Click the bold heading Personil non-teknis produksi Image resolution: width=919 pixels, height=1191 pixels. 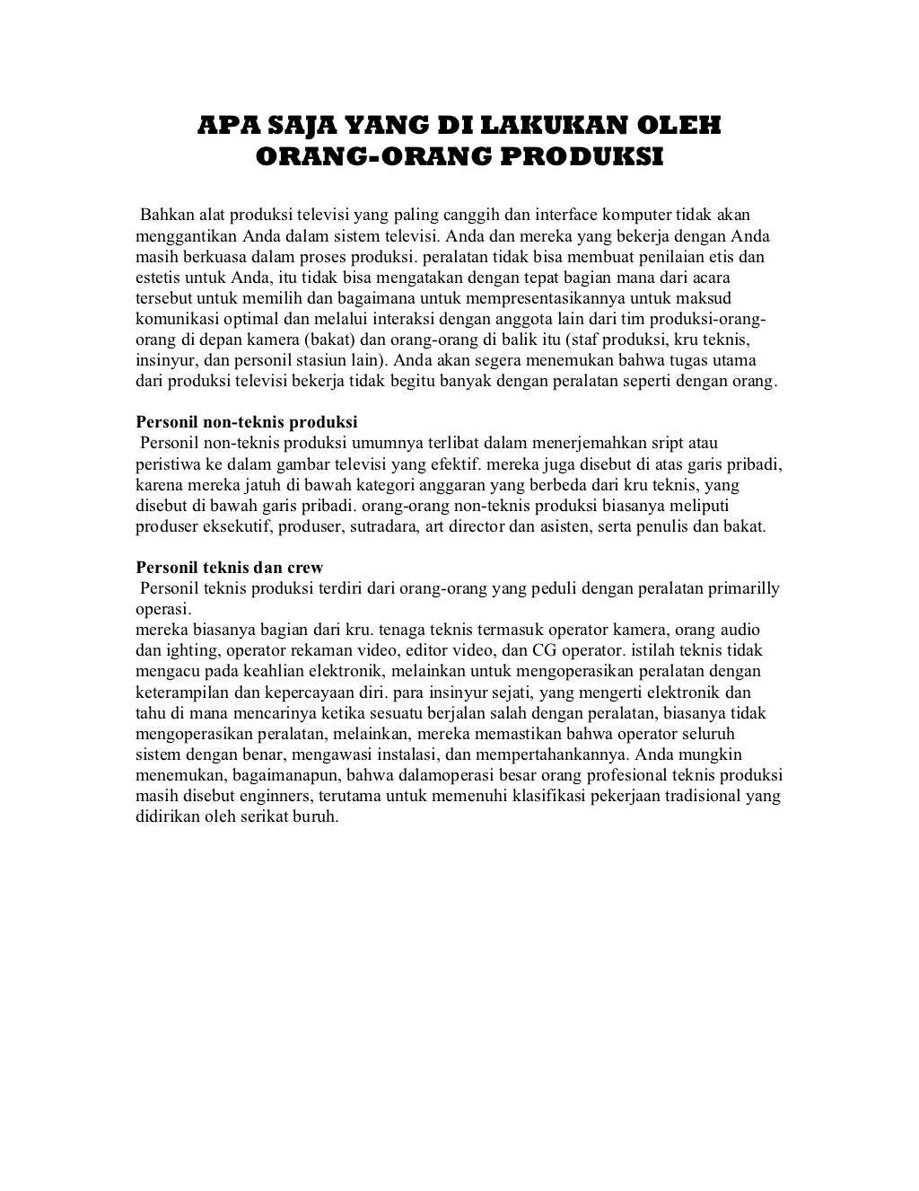click(x=247, y=422)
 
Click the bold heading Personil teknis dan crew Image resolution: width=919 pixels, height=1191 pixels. click(x=229, y=568)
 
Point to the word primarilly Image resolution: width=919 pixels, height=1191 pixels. click(x=744, y=589)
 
